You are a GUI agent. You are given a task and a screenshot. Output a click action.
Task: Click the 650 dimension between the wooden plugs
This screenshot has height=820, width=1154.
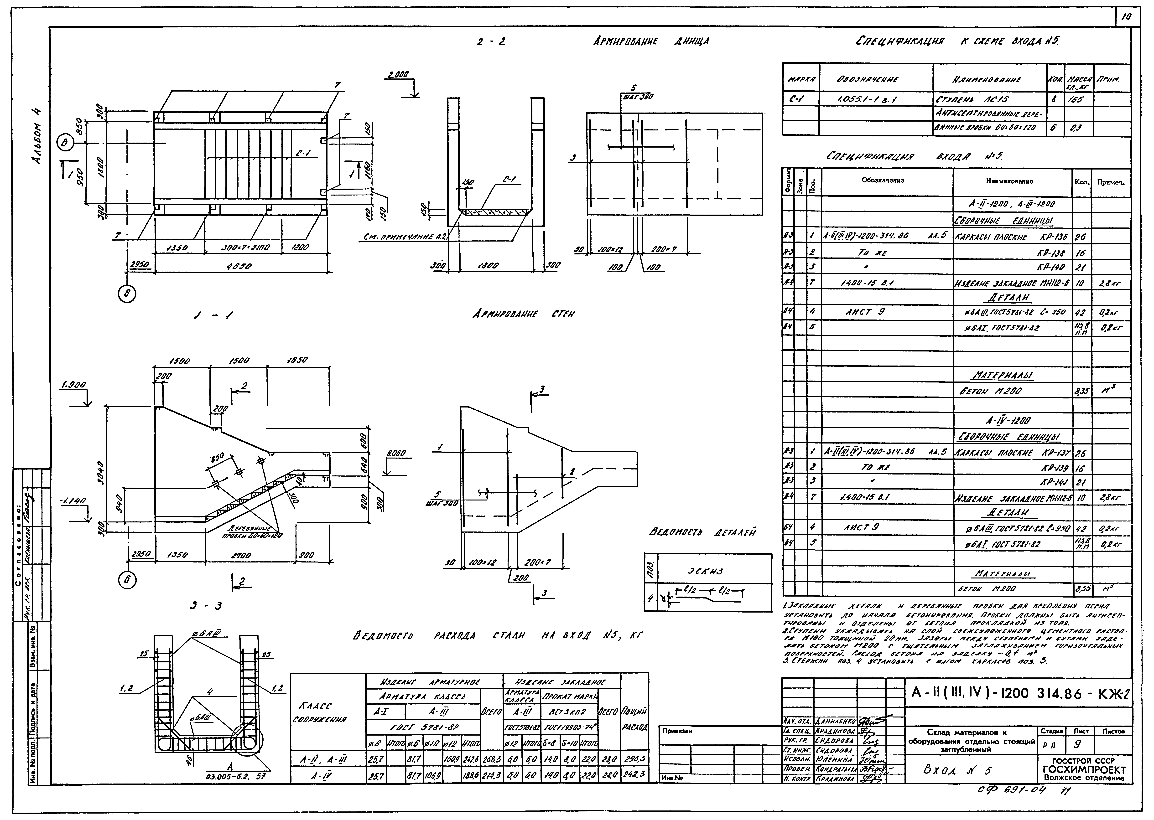tap(218, 458)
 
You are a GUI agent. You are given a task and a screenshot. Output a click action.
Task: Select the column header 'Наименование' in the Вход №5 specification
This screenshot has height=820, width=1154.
tap(1012, 181)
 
